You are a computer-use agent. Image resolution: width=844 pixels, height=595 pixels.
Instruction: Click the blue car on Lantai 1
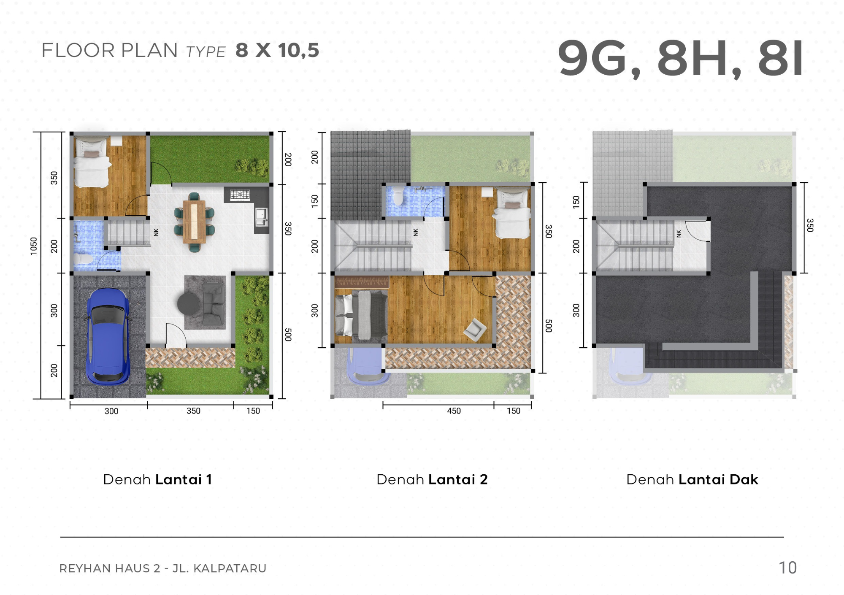click(x=108, y=336)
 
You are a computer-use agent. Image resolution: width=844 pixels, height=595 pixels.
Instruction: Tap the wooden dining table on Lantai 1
click(x=194, y=222)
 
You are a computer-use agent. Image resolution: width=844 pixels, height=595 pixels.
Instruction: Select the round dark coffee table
click(x=189, y=303)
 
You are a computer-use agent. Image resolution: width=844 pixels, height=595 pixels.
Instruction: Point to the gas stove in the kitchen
click(x=240, y=195)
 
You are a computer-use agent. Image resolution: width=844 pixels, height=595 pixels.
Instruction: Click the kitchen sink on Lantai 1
click(x=261, y=217)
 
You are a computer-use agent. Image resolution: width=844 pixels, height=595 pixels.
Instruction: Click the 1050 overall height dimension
click(x=34, y=246)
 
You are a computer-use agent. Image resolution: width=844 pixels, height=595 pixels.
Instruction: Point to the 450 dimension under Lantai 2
click(x=454, y=411)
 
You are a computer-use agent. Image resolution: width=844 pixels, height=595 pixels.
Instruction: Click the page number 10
click(x=787, y=568)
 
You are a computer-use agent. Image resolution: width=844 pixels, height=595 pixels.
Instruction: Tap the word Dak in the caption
click(x=744, y=479)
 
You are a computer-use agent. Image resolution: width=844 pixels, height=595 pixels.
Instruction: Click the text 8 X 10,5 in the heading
click(x=277, y=50)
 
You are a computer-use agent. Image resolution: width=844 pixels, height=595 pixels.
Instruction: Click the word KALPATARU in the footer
click(x=230, y=568)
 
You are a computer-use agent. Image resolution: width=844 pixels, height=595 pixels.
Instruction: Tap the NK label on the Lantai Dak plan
click(x=679, y=233)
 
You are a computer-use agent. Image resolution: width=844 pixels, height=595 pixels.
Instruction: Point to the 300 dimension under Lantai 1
click(x=111, y=411)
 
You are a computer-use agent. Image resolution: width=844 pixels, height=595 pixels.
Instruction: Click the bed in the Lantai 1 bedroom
click(x=92, y=163)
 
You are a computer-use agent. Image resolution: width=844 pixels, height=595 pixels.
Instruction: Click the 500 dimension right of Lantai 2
click(x=548, y=325)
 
